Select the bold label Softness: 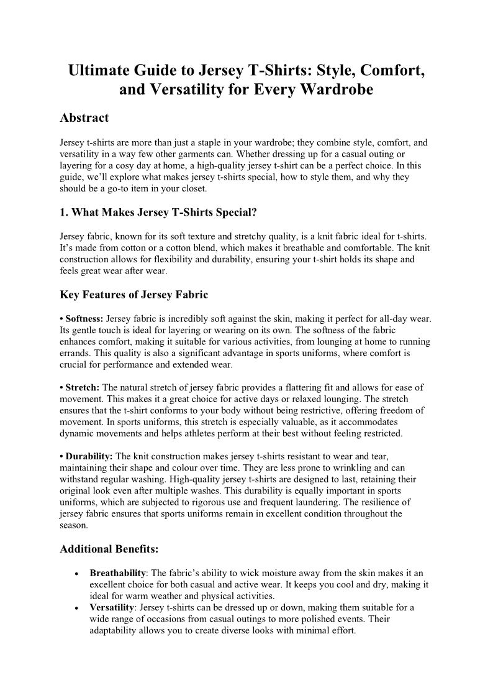click(x=84, y=318)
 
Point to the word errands click(x=74, y=353)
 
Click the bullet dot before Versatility click(x=75, y=607)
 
